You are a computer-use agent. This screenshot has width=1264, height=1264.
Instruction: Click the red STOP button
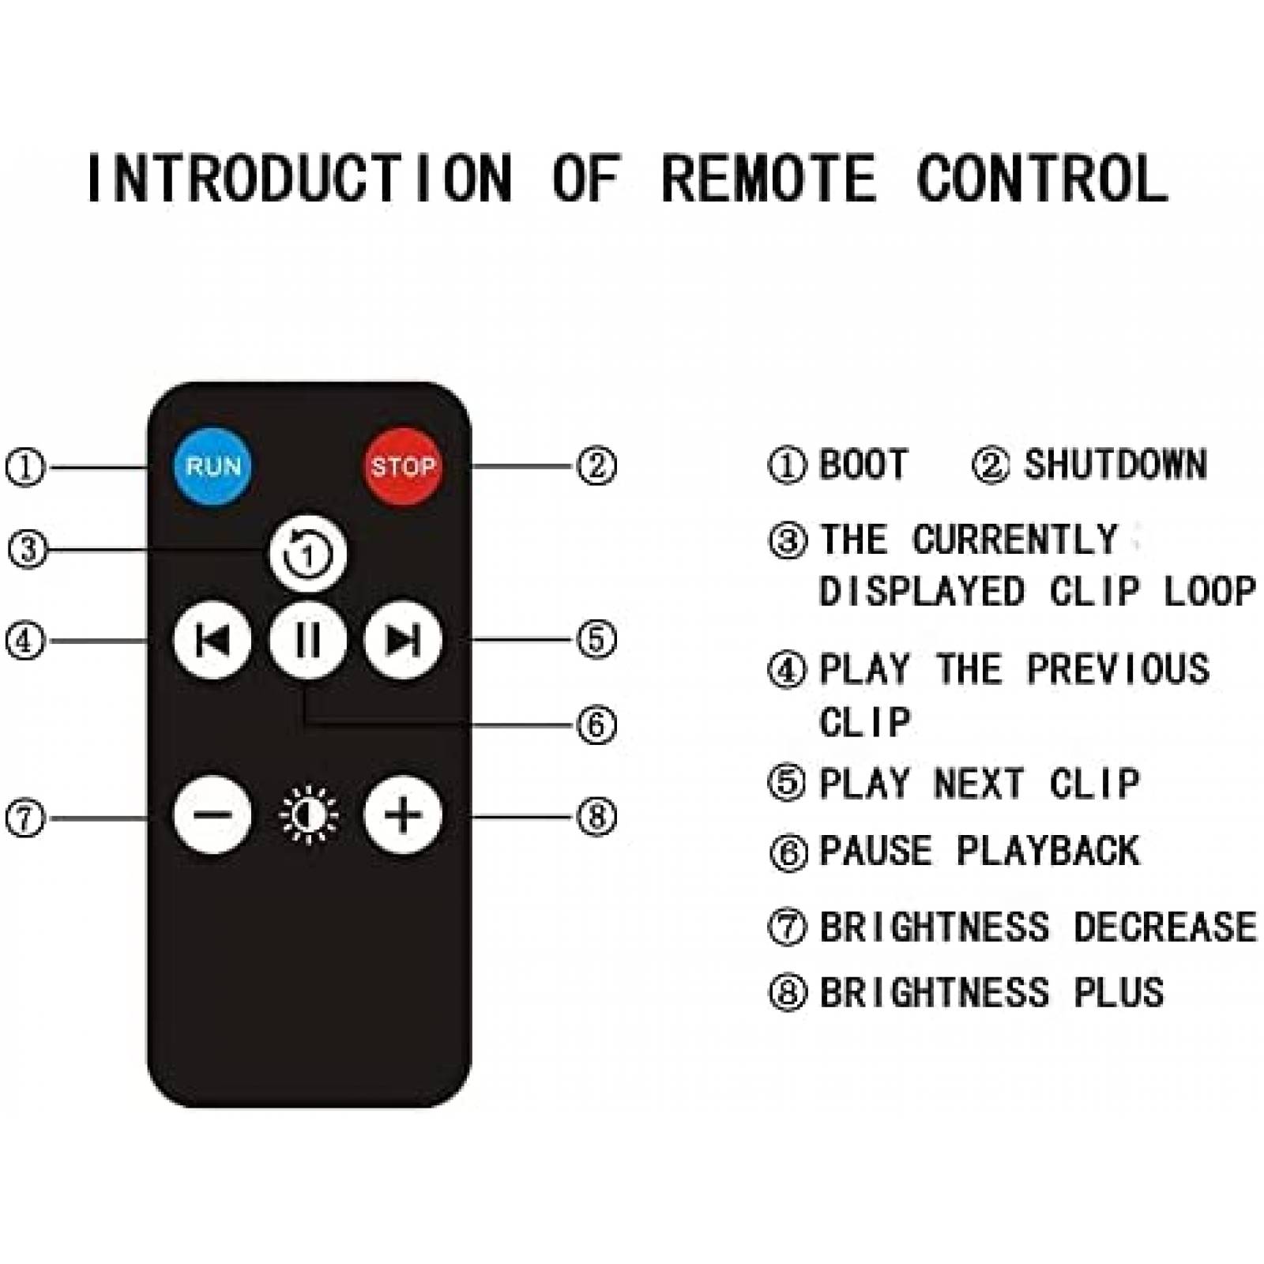[402, 466]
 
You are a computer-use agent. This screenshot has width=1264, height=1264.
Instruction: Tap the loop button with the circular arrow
[307, 554]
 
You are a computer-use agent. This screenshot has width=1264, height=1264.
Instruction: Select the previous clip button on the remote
[213, 640]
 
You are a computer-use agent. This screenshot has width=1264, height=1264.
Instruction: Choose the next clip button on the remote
[402, 640]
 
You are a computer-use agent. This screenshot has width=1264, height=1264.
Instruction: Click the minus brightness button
[213, 815]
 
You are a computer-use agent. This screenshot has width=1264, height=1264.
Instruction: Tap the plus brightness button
[402, 815]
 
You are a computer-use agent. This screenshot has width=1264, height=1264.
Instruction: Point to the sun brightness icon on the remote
[309, 815]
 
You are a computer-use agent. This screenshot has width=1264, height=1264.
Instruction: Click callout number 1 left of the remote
[25, 467]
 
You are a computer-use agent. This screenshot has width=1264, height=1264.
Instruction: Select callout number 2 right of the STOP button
[596, 466]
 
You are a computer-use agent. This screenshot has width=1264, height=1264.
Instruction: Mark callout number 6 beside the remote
[596, 724]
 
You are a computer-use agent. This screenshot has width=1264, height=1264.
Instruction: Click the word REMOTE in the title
[768, 179]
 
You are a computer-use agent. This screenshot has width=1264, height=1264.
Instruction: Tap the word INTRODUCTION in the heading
[299, 179]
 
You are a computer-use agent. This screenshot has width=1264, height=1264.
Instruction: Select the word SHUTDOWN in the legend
[1115, 465]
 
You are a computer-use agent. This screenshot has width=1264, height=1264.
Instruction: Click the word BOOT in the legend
[863, 465]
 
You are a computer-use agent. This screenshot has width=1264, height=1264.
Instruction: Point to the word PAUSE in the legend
[875, 852]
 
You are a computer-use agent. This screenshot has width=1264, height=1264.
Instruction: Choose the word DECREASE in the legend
[1164, 927]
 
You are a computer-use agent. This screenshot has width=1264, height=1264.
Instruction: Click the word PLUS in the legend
[1119, 993]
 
